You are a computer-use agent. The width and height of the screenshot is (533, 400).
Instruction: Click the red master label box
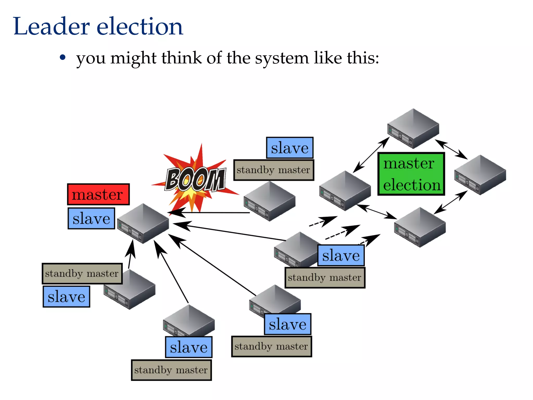point(98,194)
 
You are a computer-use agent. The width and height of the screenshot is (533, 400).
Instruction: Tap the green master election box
point(411,174)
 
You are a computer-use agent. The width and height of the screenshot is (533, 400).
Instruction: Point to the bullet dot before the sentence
point(62,57)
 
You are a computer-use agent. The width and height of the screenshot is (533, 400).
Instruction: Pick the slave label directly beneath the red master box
point(91,218)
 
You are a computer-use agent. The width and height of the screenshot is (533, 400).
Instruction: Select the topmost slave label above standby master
point(289,148)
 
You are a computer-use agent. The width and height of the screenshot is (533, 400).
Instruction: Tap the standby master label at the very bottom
point(171,370)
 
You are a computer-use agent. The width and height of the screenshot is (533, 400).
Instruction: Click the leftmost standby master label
point(82,273)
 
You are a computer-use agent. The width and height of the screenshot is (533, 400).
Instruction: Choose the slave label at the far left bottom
point(66,297)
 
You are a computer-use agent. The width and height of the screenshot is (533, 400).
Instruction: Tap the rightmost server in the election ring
point(480,175)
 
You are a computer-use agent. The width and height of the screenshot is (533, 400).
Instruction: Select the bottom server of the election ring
point(420,227)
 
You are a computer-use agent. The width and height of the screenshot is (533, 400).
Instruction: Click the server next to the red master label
point(143,223)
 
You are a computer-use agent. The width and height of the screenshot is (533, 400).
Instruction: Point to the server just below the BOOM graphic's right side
point(269,201)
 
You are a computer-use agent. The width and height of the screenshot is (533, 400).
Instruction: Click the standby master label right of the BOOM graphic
point(273,170)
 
